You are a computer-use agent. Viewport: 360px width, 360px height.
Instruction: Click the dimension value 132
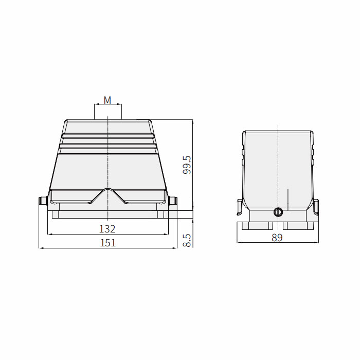click(x=107, y=229)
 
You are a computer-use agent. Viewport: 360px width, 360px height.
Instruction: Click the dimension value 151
click(x=107, y=243)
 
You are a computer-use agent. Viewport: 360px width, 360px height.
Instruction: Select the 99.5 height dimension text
click(x=187, y=165)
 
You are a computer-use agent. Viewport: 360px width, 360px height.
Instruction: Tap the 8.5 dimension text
click(x=187, y=240)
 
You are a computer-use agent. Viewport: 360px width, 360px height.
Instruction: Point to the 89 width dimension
click(x=277, y=238)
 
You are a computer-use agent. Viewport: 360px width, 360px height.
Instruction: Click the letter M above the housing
click(x=107, y=100)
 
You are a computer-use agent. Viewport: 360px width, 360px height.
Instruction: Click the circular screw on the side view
click(x=278, y=212)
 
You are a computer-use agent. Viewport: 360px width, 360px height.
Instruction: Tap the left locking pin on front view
click(x=43, y=201)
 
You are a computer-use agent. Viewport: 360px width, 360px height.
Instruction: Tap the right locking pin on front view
click(x=172, y=201)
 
